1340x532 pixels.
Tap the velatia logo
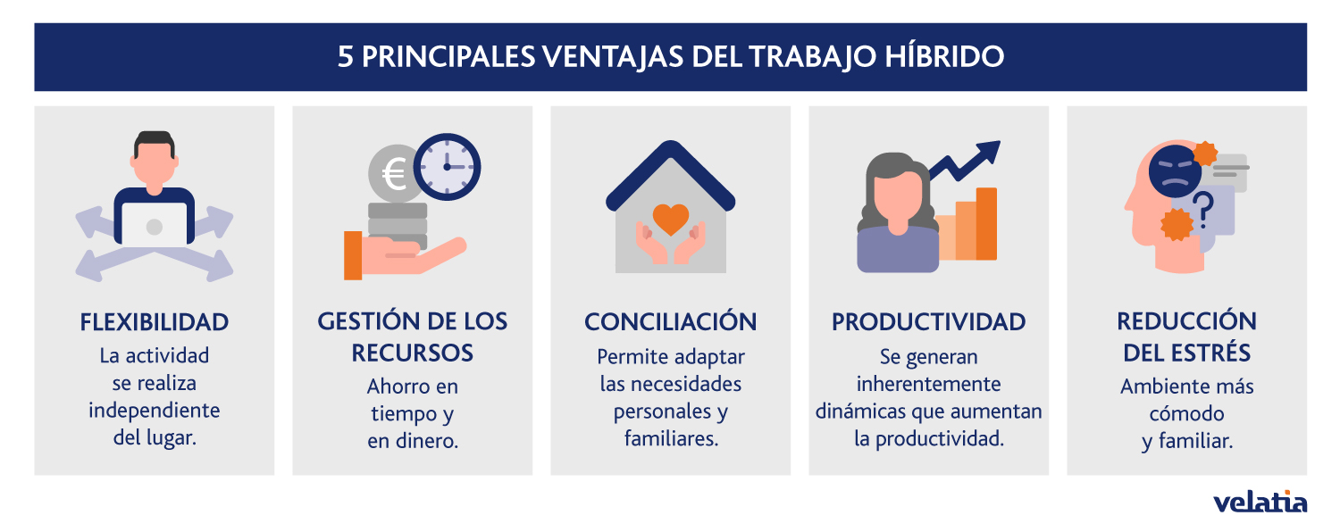click(1260, 502)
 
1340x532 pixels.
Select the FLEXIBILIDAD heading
click(155, 322)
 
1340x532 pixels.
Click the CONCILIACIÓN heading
click(670, 322)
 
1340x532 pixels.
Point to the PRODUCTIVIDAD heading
click(928, 322)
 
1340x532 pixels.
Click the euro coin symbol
click(395, 175)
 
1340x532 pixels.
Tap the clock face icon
click(447, 167)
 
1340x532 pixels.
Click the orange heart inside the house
click(671, 217)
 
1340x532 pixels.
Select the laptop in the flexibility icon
click(155, 225)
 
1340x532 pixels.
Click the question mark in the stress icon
click(1204, 211)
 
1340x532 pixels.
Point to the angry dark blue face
click(1175, 171)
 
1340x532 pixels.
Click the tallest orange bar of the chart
click(986, 223)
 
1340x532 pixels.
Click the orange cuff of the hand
click(353, 255)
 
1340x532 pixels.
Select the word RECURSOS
click(412, 353)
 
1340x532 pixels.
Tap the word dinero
click(425, 441)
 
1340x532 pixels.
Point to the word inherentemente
click(928, 384)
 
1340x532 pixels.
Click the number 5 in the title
click(345, 57)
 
